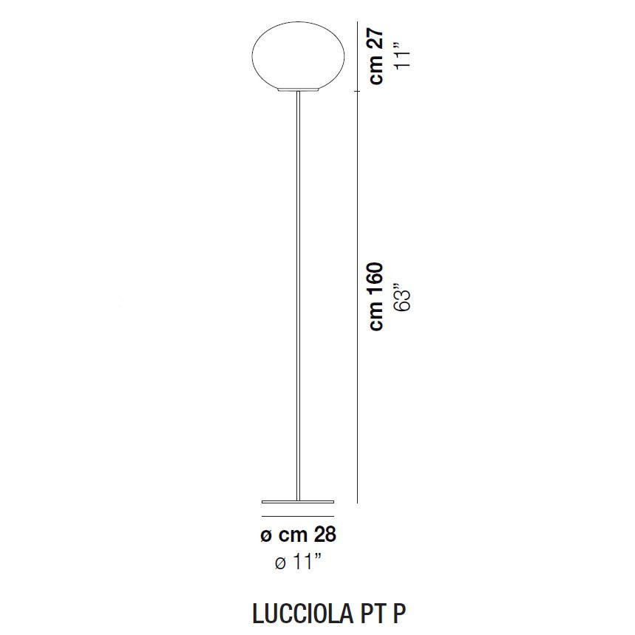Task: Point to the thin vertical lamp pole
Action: [x=298, y=296]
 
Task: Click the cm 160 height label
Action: [x=377, y=296]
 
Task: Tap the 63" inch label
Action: [x=401, y=296]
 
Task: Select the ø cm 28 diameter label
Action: [x=299, y=534]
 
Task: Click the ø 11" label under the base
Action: [x=299, y=563]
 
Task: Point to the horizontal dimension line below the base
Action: [x=298, y=516]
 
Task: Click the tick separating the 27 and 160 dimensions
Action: [x=357, y=91]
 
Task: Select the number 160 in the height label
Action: [x=377, y=280]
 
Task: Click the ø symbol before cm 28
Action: [x=267, y=535]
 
